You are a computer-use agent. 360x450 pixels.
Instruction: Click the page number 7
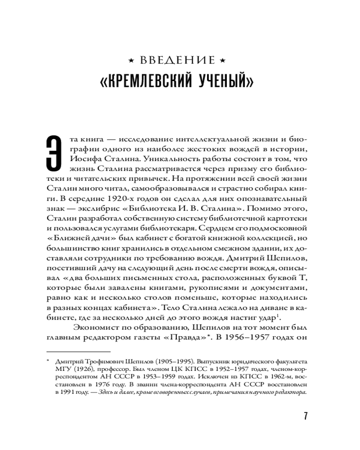click(x=306, y=415)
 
